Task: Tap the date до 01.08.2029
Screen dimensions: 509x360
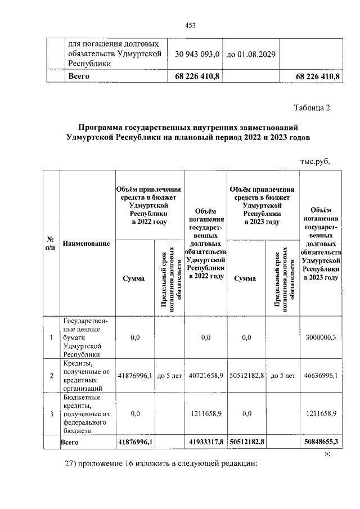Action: [250, 55]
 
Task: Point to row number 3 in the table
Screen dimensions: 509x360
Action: [52, 413]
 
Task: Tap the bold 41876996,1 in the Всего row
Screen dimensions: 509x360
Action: [134, 443]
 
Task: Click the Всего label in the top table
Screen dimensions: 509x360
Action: [79, 75]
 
